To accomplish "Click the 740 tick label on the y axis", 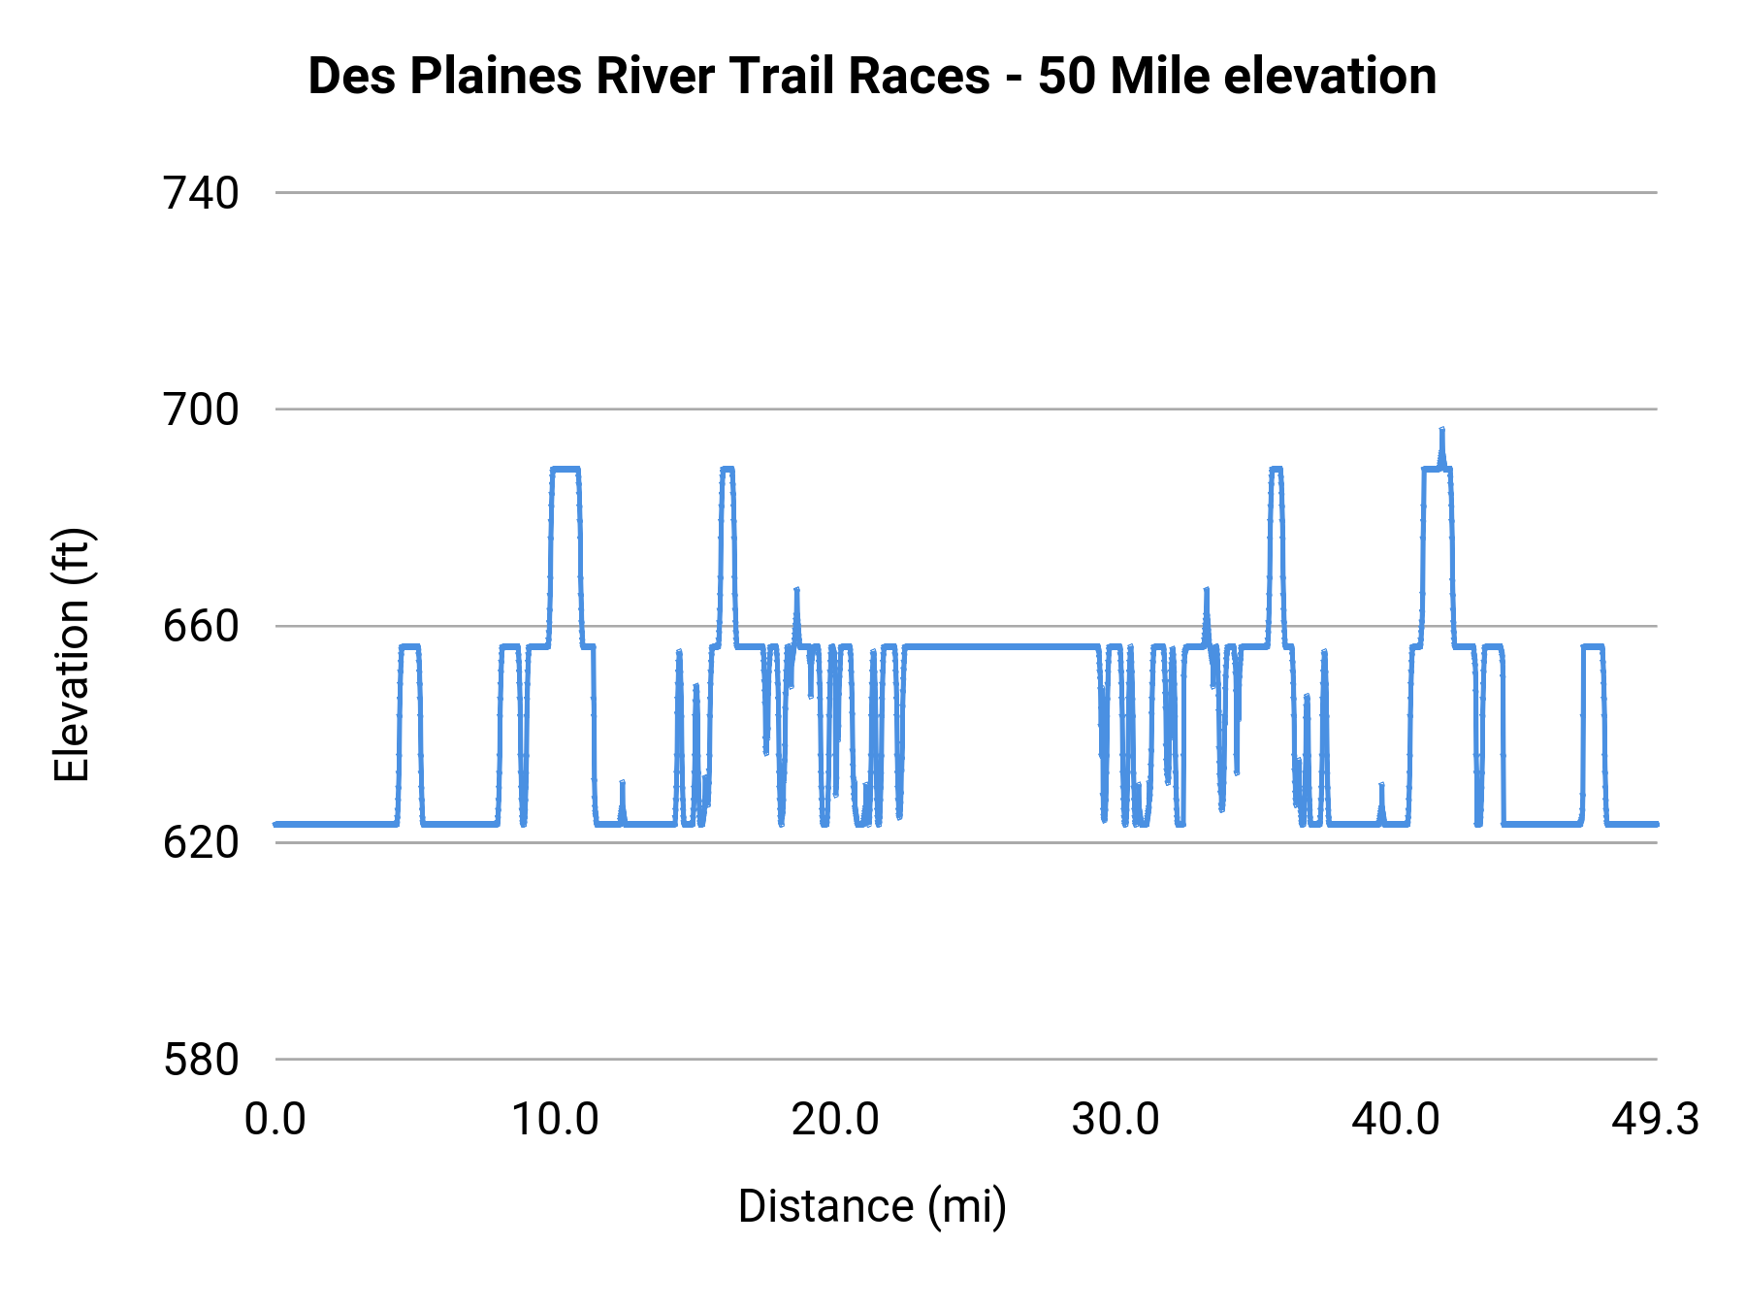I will click(x=201, y=194).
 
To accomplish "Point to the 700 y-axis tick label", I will click(x=201, y=410).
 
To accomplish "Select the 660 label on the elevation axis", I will click(x=201, y=627).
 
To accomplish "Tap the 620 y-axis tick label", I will click(x=201, y=843).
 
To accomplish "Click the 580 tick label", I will click(x=201, y=1060).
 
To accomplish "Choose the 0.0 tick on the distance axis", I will click(x=275, y=1120).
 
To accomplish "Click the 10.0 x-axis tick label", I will click(x=555, y=1120).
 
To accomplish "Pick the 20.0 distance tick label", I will click(x=835, y=1120).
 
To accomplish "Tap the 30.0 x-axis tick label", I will click(x=1115, y=1120).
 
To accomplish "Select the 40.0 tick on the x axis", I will click(x=1395, y=1120).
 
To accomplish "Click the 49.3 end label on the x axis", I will click(x=1655, y=1120).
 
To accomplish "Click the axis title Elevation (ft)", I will click(x=72, y=655).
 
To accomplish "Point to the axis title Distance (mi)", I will click(x=872, y=1206).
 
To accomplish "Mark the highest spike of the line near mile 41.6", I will click(x=1441, y=431).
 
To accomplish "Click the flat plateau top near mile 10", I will click(x=565, y=469).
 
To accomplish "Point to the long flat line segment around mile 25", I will click(x=999, y=646).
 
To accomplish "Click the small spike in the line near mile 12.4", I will click(x=622, y=784).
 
